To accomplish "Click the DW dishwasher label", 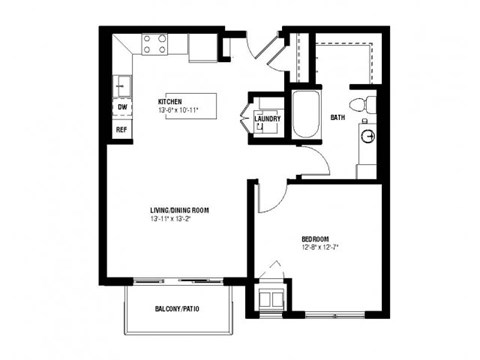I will click(x=122, y=106).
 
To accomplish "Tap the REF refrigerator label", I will click(x=122, y=129).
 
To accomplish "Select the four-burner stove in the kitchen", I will click(x=155, y=44).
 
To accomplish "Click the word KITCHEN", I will click(x=170, y=102).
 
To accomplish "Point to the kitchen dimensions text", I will click(x=178, y=110).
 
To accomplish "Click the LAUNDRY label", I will click(x=267, y=119).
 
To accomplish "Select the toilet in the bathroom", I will click(x=364, y=105).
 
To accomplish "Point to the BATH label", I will click(x=338, y=118).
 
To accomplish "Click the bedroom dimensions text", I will click(x=319, y=247).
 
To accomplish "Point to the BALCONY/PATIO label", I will click(x=177, y=309).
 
